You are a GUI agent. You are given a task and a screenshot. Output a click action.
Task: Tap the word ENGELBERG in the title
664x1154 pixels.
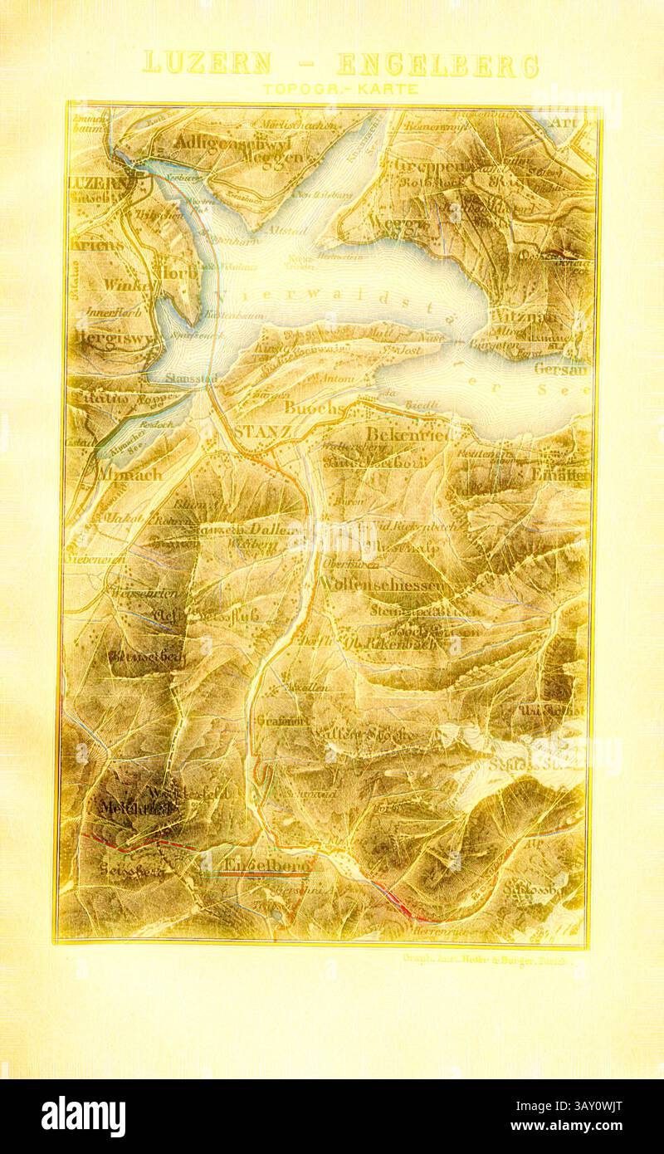pyautogui.click(x=438, y=65)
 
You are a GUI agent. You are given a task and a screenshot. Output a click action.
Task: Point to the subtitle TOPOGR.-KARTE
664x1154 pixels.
pyautogui.click(x=340, y=88)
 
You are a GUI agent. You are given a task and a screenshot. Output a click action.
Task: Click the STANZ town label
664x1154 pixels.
pyautogui.click(x=261, y=433)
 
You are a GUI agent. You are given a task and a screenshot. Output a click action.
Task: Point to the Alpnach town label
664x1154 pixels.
pyautogui.click(x=130, y=475)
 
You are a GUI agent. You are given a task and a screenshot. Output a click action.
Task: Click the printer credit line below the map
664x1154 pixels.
pyautogui.click(x=484, y=957)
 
